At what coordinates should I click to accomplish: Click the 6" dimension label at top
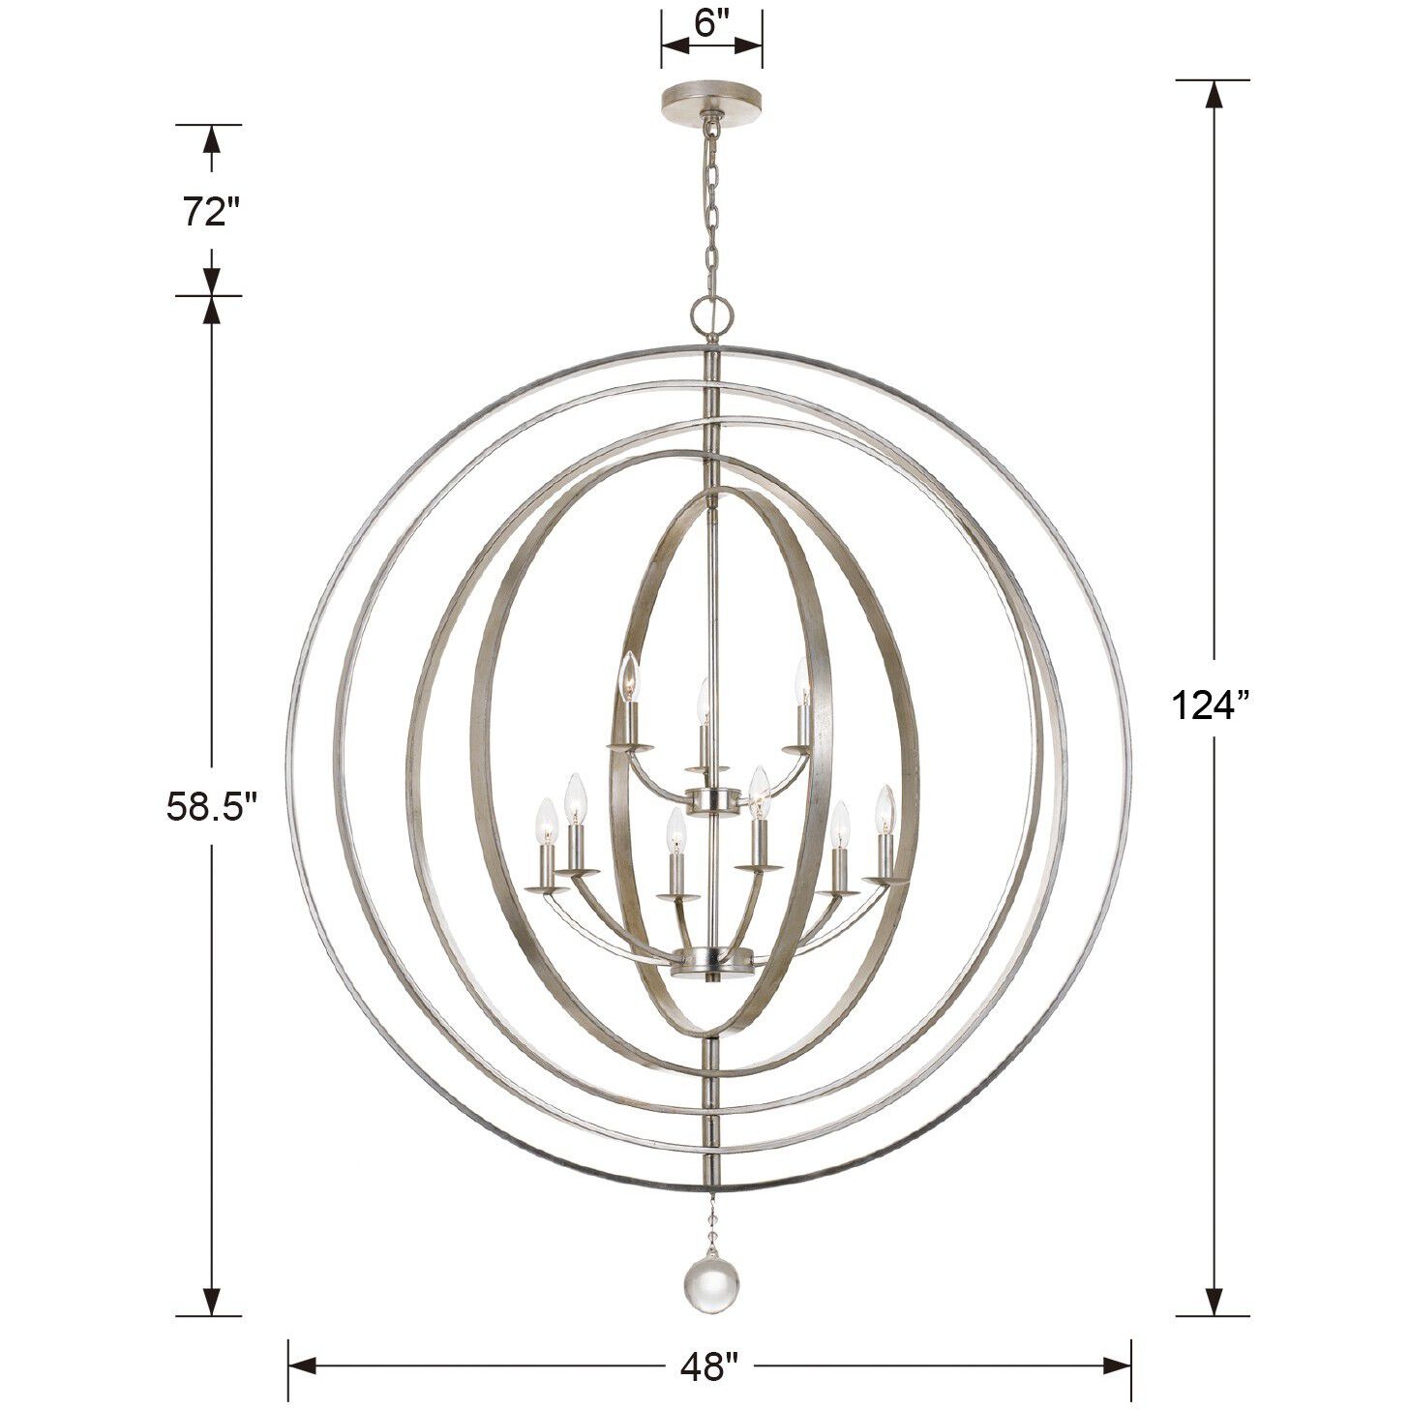[x=710, y=22]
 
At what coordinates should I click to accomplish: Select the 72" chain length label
[x=211, y=211]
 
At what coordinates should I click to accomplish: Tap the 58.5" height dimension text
[x=211, y=804]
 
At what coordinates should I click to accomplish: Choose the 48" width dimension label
[x=708, y=1365]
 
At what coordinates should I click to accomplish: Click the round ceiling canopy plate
[x=711, y=100]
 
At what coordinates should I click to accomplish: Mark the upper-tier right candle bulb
[x=801, y=682]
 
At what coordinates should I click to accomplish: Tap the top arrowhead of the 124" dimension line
[x=1212, y=94]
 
